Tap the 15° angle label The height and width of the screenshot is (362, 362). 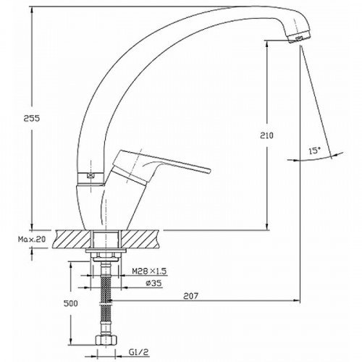pyautogui.click(x=313, y=151)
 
